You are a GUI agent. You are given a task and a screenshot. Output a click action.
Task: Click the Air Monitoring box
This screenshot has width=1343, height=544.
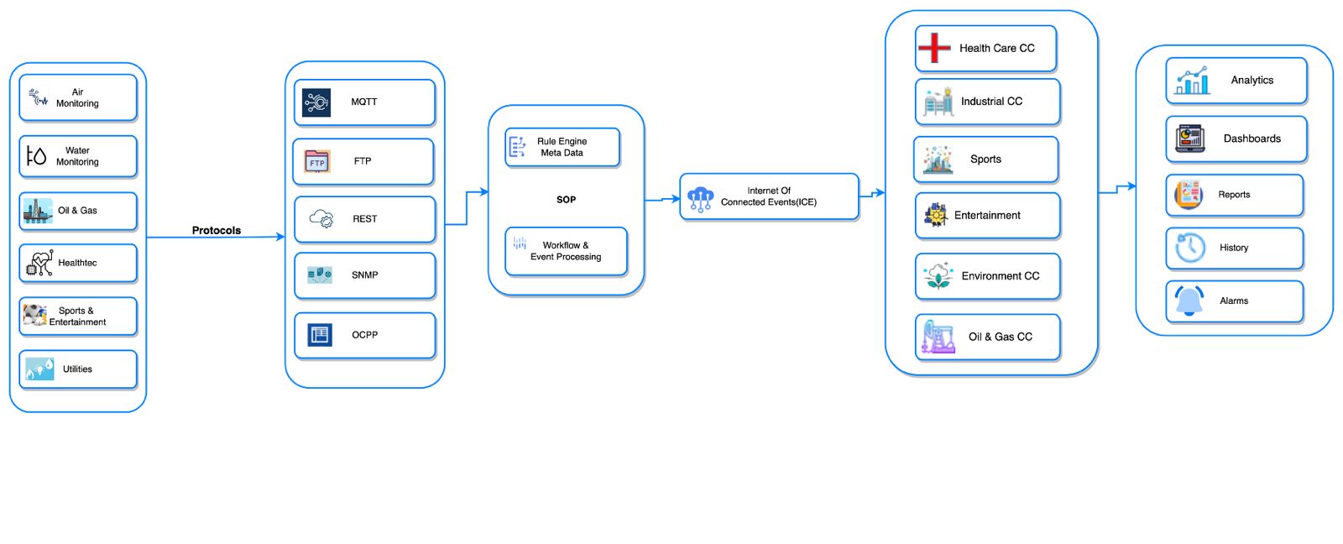77,97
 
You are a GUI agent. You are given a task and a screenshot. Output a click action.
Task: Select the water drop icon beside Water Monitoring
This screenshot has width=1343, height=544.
36,156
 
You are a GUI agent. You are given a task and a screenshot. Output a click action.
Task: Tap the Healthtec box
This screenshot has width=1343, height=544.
77,263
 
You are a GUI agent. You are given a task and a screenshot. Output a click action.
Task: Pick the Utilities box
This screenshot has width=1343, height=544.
77,369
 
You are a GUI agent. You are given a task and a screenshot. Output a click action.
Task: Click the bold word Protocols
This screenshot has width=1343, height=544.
216,230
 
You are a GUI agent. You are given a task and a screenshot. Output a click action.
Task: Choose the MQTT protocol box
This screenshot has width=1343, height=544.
364,102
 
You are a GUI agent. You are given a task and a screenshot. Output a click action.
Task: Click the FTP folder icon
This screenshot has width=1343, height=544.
317,161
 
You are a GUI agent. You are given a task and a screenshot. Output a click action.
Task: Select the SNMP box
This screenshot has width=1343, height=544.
364,275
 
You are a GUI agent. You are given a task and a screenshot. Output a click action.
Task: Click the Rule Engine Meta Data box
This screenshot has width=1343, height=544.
562,148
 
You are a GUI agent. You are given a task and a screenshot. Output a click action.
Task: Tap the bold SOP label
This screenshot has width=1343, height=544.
566,200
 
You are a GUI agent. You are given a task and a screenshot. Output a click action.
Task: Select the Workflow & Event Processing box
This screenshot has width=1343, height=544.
566,251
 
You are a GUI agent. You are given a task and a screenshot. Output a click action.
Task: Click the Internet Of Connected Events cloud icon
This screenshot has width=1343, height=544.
700,199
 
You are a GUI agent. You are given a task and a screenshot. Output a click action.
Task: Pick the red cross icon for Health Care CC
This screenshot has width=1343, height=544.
934,48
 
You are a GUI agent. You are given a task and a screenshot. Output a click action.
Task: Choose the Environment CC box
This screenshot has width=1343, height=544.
988,276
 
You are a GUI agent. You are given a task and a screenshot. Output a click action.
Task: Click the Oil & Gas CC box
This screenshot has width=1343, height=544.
988,337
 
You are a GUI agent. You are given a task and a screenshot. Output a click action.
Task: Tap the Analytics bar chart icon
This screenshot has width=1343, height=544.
1192,81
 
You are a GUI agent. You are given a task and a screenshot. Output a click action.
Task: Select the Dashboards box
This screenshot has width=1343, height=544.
1236,139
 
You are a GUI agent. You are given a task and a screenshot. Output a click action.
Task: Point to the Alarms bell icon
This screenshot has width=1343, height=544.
1189,301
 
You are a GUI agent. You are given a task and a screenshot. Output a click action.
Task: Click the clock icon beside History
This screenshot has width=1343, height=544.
1190,248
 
